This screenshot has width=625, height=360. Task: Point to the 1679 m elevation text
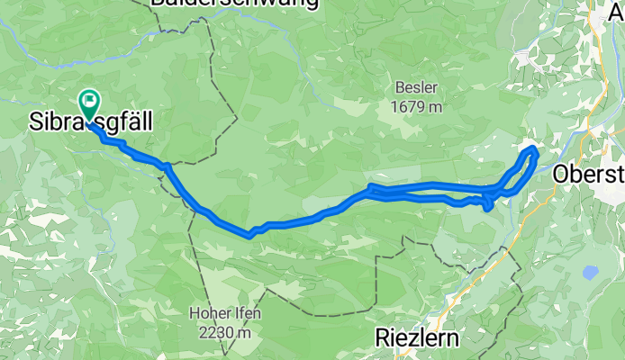pyautogui.click(x=416, y=107)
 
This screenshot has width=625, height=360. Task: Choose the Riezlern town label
pyautogui.click(x=417, y=338)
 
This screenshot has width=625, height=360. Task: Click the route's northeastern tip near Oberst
pyautogui.click(x=532, y=148)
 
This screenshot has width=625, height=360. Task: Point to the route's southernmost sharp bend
pyautogui.click(x=249, y=235)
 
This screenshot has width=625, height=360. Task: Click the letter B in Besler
pyautogui.click(x=397, y=88)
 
